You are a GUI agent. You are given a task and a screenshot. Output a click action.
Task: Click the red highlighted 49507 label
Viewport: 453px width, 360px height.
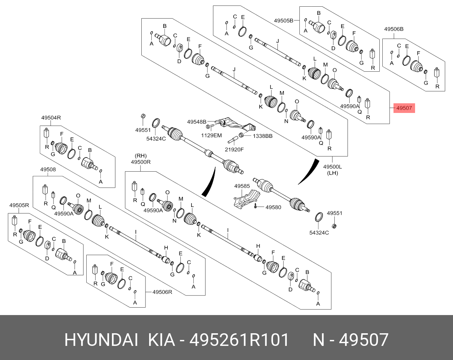point(404,108)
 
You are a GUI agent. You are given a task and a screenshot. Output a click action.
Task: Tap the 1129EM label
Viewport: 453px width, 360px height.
point(211,136)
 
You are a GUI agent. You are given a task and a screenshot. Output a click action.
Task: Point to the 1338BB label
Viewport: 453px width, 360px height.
point(263,136)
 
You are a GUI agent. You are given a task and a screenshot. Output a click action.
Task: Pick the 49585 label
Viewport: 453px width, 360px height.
point(242,186)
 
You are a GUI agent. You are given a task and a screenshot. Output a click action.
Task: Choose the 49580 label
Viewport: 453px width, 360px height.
point(273,207)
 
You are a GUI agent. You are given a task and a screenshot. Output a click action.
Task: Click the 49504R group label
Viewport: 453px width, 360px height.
point(51,118)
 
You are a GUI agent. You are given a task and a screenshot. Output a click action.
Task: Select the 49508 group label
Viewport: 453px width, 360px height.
point(48,169)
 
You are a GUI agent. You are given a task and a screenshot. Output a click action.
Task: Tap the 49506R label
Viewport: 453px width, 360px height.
point(162,292)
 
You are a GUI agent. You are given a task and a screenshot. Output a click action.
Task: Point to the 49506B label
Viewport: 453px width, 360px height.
point(394,29)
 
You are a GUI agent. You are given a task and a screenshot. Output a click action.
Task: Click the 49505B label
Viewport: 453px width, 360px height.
point(284,20)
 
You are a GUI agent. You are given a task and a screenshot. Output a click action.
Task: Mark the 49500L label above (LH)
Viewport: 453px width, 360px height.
point(332,167)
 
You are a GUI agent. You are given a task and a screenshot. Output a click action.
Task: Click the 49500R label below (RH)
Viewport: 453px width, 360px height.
point(141,162)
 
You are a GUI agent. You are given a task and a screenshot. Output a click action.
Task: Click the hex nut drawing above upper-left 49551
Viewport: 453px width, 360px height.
point(143,118)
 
